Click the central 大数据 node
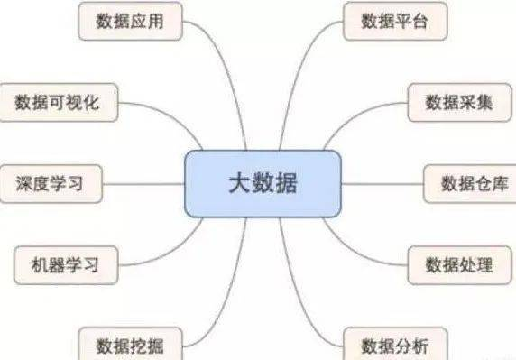pyautogui.click(x=263, y=183)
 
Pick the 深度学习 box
pyautogui.click(x=50, y=183)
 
